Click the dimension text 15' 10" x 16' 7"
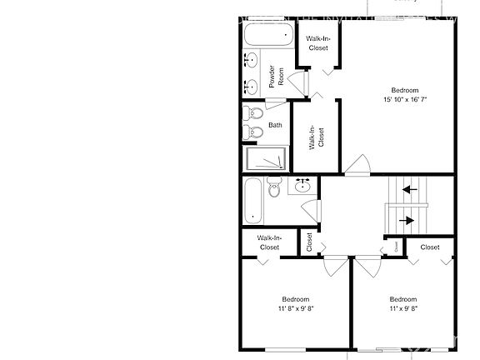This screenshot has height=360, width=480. coord(405,99)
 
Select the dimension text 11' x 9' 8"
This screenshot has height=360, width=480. coord(403,307)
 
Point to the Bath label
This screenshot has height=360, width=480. coord(275,126)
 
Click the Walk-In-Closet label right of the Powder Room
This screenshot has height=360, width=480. coord(317,43)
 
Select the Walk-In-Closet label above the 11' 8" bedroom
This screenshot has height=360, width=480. coord(269,242)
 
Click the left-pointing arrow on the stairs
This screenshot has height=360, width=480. coord(410,189)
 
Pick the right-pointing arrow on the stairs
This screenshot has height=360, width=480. coord(408,221)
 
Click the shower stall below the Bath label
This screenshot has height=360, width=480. coord(265,158)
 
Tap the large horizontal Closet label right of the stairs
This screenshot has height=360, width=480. coord(430,247)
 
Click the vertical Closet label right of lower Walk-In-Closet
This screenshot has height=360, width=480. coord(309,242)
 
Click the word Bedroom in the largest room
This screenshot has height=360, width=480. coord(405,90)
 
